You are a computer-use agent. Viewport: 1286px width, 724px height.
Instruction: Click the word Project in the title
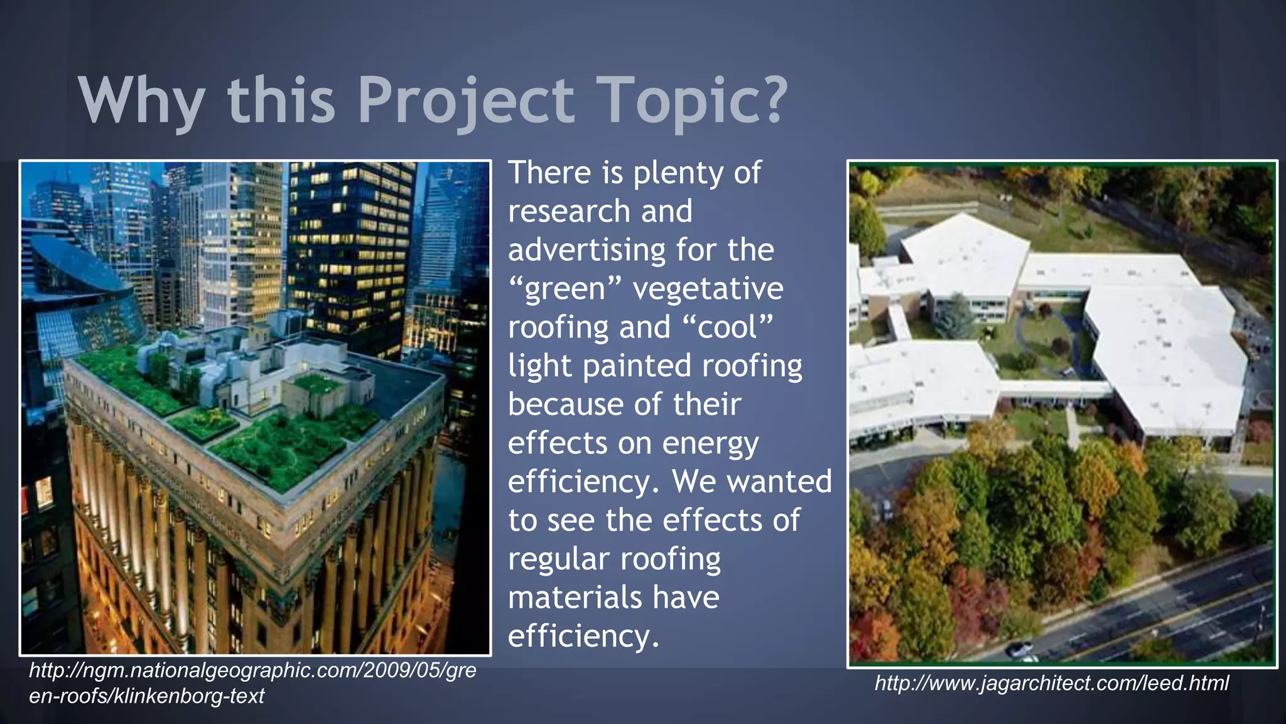coord(465,101)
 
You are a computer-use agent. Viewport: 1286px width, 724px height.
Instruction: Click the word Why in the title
coord(142,101)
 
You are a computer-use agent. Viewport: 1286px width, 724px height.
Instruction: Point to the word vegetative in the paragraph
coord(708,289)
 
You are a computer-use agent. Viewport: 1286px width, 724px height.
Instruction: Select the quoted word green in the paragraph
coord(565,289)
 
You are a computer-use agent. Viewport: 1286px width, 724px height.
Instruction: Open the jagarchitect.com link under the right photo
coord(1051,683)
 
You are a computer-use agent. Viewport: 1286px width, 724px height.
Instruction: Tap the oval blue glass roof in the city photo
coord(75,265)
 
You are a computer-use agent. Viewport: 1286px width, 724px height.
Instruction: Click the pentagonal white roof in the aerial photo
coord(966,255)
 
